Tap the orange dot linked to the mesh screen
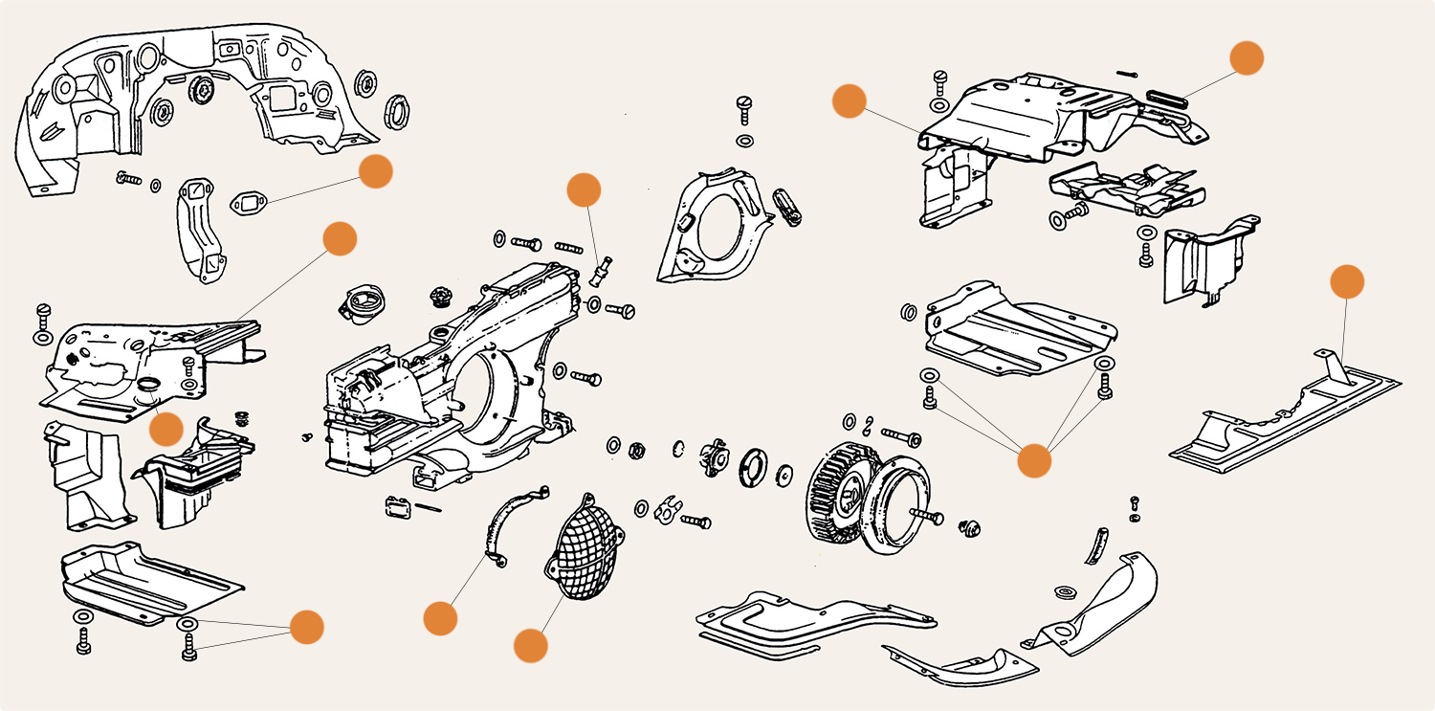point(531,645)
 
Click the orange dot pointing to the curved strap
point(440,618)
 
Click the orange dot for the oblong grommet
point(1246,57)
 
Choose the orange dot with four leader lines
point(1033,460)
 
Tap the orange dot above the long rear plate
point(1347,282)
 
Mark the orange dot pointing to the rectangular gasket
point(375,171)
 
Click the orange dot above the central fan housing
point(583,189)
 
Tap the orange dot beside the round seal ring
point(166,429)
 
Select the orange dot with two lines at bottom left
point(307,627)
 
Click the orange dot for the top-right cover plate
point(849,101)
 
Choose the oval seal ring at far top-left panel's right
point(396,111)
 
